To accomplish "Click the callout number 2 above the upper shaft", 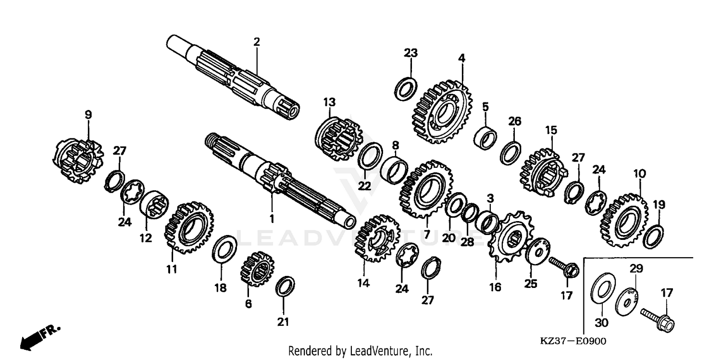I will pyautogui.click(x=257, y=42).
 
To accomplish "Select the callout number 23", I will pyautogui.click(x=410, y=53).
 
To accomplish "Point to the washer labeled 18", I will pyautogui.click(x=224, y=249).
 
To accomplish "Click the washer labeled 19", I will pyautogui.click(x=654, y=236).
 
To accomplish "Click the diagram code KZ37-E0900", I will pyautogui.click(x=573, y=341).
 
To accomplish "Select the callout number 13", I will pyautogui.click(x=329, y=102).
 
